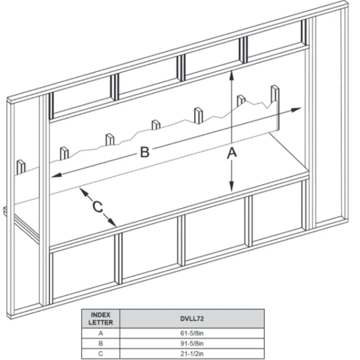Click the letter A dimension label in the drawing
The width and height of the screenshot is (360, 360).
232,153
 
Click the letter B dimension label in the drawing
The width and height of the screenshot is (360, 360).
145,152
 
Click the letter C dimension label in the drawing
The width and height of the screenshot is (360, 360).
98,207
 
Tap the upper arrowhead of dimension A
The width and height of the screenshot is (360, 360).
231,75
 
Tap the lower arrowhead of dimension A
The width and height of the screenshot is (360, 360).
231,186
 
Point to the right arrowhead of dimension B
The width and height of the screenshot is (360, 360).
296,109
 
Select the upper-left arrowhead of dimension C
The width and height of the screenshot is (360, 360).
83,192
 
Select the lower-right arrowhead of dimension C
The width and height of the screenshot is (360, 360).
112,222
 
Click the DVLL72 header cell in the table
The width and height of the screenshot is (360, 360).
192,318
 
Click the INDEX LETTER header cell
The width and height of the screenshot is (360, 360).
101,318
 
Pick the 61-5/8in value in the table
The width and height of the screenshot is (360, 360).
192,333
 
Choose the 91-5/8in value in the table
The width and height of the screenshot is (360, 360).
192,343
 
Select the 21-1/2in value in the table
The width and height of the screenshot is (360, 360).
192,354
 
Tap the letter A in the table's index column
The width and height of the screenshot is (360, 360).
101,333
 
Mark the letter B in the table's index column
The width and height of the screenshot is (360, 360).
101,343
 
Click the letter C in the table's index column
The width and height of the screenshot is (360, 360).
101,354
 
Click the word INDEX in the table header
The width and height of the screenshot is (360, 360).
101,315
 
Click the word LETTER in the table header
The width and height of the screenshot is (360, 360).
101,323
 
